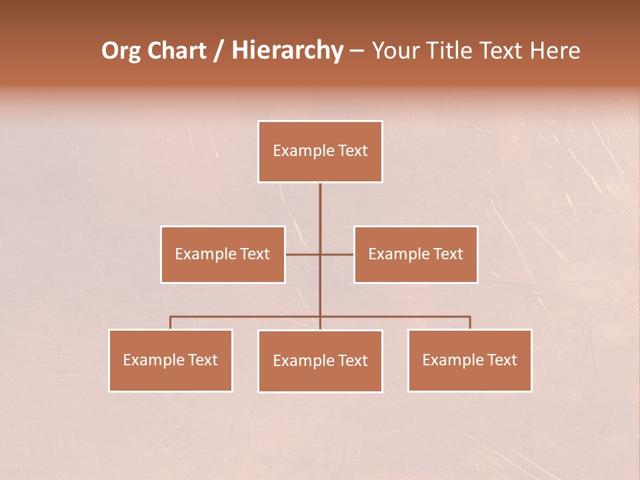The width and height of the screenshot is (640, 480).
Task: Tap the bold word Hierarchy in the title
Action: [x=287, y=51]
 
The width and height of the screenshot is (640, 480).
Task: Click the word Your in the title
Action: [x=396, y=51]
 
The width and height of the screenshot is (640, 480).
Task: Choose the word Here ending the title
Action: [x=555, y=51]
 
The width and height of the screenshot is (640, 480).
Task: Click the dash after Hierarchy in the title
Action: [x=357, y=51]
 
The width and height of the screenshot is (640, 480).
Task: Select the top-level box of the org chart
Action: [x=320, y=151]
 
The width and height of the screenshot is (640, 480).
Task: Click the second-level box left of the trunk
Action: [x=223, y=254]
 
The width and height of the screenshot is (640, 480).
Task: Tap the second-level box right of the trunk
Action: [x=416, y=254]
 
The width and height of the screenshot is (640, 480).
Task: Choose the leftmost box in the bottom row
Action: [x=171, y=360]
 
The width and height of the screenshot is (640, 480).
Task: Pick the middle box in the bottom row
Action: [x=320, y=361]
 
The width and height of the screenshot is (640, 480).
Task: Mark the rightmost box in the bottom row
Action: [x=470, y=360]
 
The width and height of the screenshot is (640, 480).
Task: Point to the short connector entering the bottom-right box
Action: [x=470, y=323]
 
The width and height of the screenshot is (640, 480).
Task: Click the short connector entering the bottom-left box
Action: [x=171, y=323]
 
